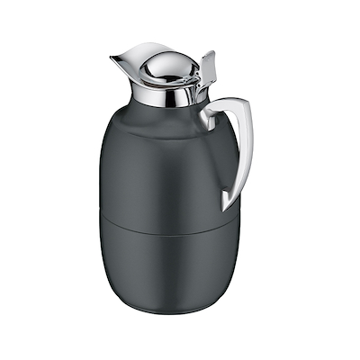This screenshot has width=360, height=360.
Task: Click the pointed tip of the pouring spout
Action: (x=112, y=59)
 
